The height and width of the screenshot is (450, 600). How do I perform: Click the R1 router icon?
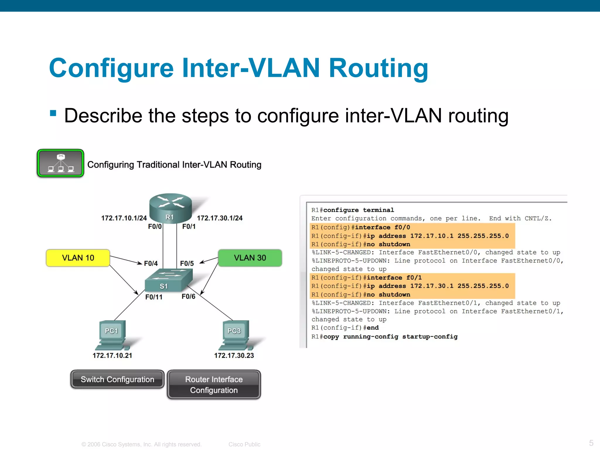tap(171, 208)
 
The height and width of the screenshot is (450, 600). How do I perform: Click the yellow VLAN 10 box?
tap(78, 258)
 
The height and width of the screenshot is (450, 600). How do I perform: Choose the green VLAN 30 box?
tap(250, 258)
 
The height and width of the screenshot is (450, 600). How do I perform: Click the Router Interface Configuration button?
tap(214, 385)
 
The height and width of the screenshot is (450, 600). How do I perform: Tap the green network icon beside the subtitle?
tap(60, 163)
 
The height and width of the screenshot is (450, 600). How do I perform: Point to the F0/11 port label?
tap(154, 297)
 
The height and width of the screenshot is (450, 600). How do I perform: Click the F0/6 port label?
tap(188, 296)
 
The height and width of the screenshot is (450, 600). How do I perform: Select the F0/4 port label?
tap(151, 263)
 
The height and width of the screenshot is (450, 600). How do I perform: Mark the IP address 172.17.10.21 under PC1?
tap(112, 355)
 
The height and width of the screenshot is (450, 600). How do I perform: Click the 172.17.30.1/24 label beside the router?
tap(219, 218)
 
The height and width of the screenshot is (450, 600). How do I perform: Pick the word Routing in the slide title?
tap(378, 68)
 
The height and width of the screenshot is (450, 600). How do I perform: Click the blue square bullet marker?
tap(53, 113)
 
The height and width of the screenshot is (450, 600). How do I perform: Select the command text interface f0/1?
tap(394, 277)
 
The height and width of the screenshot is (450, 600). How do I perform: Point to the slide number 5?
tap(591, 443)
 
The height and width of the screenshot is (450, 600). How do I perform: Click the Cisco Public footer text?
tap(244, 444)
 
